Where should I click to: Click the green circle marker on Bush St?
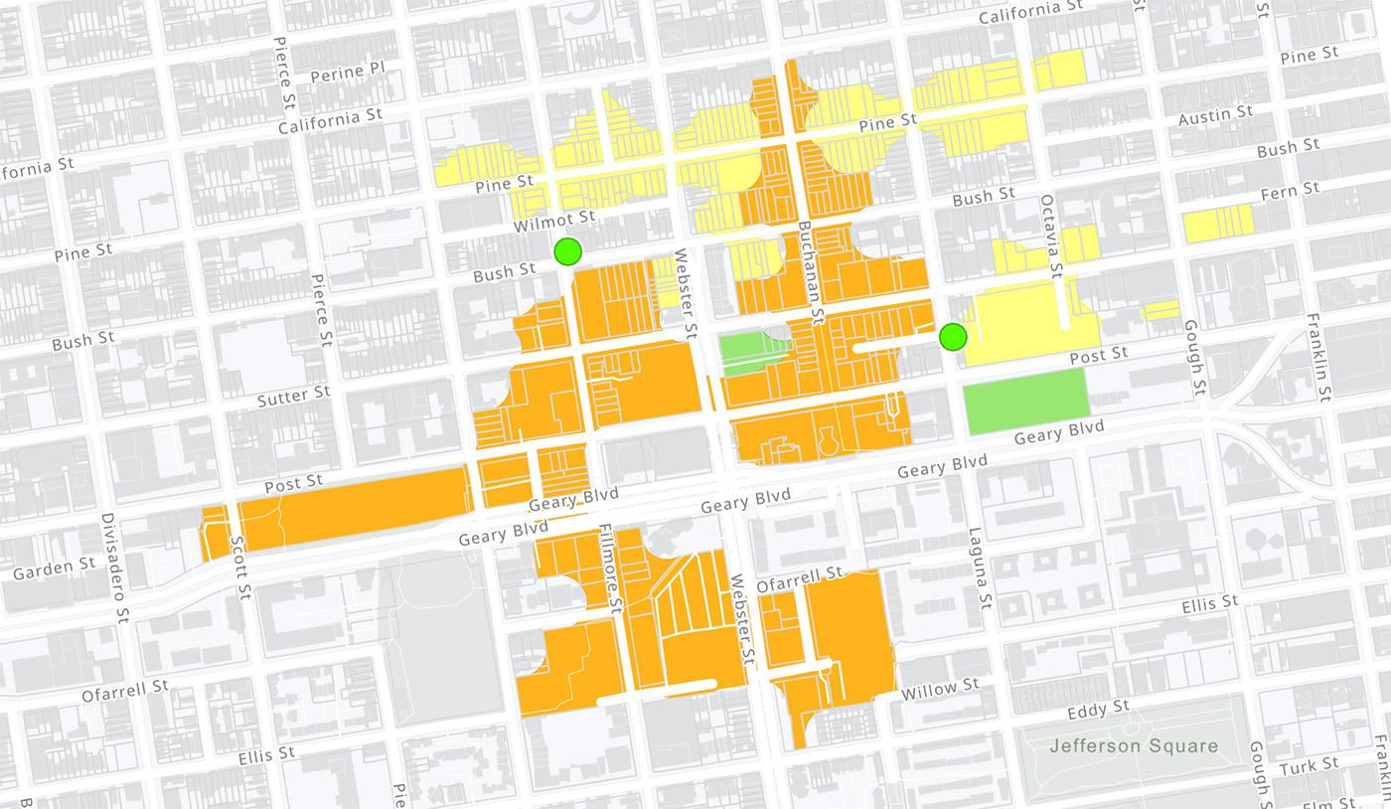tap(567, 251)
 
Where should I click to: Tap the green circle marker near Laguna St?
tap(953, 337)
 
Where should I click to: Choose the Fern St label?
tap(1290, 190)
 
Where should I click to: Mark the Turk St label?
tap(1310, 766)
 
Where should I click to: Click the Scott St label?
tap(238, 567)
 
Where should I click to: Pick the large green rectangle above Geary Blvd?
tap(1026, 401)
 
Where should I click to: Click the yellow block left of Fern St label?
tap(1218, 224)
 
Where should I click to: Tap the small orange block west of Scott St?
tap(213, 533)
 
